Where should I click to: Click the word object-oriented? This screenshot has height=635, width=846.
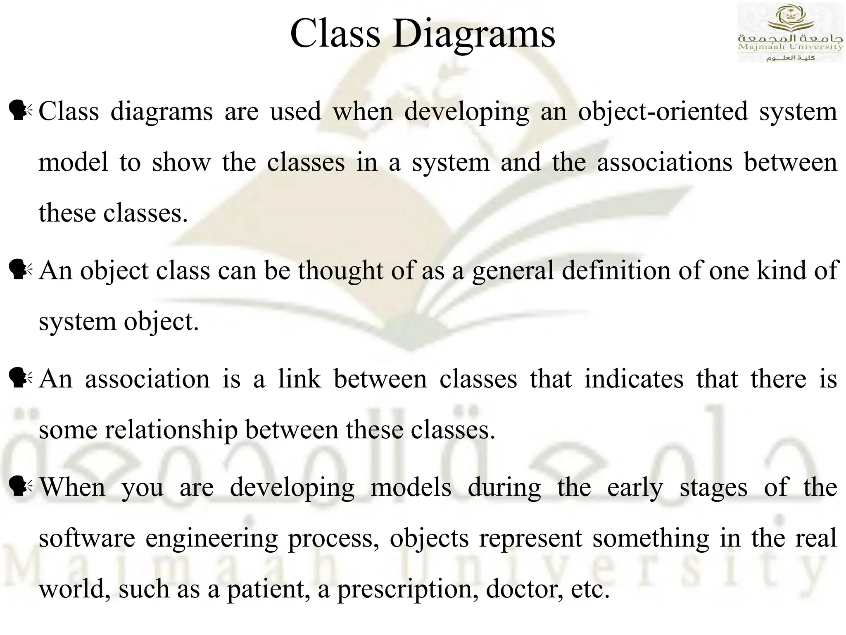click(x=663, y=112)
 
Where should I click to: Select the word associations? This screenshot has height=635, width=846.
click(x=665, y=162)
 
